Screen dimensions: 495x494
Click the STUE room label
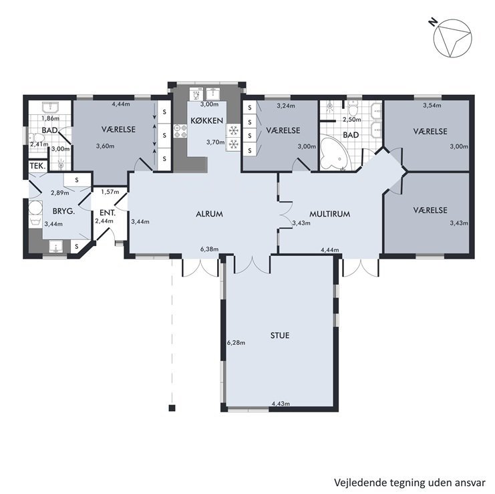click(x=280, y=335)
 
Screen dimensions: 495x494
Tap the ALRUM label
click(x=209, y=214)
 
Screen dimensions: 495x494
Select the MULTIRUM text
click(x=329, y=214)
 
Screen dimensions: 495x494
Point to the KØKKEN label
click(x=207, y=120)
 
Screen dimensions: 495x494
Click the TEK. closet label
click(x=38, y=166)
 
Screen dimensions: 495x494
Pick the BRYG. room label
click(x=63, y=211)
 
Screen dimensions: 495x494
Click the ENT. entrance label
click(x=108, y=213)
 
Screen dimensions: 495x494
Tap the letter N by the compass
click(x=433, y=22)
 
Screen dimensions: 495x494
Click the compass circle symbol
click(x=452, y=38)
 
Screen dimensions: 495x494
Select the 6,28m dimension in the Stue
click(x=236, y=342)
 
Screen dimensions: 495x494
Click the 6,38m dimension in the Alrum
click(x=209, y=249)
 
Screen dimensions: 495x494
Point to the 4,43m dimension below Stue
click(x=281, y=403)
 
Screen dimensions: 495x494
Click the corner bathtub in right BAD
click(x=334, y=152)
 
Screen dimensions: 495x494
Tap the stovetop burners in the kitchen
click(x=180, y=132)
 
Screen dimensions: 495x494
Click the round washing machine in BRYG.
click(x=35, y=208)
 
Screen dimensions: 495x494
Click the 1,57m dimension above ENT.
click(x=110, y=192)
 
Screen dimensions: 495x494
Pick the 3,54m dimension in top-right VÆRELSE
click(x=432, y=105)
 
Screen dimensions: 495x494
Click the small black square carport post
click(x=172, y=408)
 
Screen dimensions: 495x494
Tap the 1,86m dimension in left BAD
click(x=51, y=118)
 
